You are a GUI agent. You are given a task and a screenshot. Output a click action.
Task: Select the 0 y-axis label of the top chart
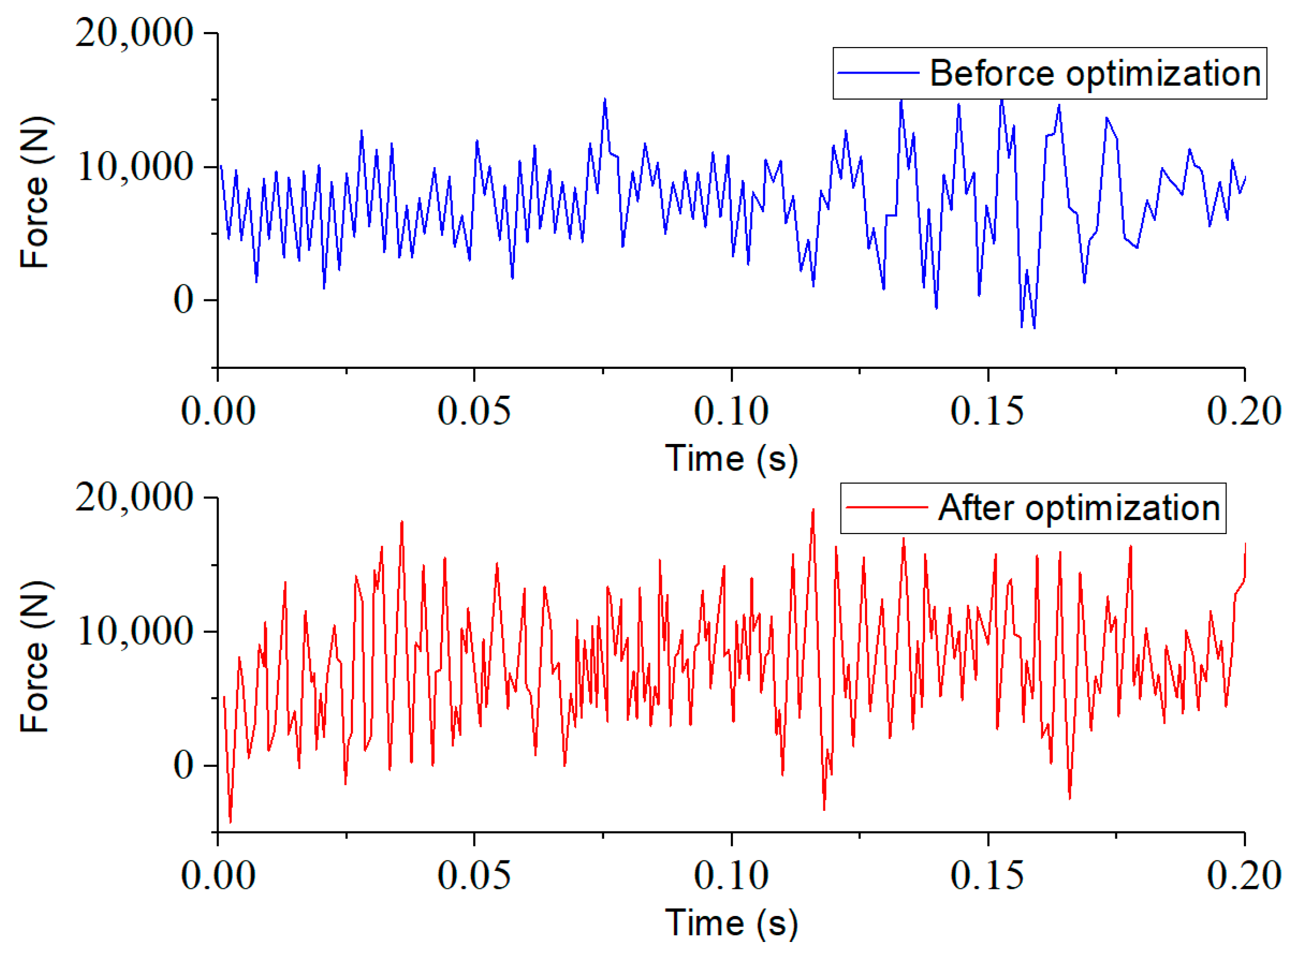pyautogui.click(x=183, y=300)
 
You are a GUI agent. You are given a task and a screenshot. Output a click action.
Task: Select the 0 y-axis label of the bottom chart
pyautogui.click(x=183, y=764)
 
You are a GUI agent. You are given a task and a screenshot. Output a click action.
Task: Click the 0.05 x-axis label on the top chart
pyautogui.click(x=474, y=411)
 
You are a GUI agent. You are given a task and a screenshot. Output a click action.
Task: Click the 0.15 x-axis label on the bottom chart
pyautogui.click(x=987, y=875)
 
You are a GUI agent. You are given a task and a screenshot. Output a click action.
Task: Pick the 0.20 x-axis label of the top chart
pyautogui.click(x=1243, y=411)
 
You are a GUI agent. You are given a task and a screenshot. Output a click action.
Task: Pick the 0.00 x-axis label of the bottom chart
pyautogui.click(x=218, y=875)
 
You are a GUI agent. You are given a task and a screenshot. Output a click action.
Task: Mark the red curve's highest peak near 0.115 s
pyautogui.click(x=812, y=511)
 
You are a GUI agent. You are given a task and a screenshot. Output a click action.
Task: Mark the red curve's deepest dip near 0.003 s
pyautogui.click(x=230, y=821)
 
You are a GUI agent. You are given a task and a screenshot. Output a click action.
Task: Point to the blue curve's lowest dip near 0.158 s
pyautogui.click(x=1034, y=327)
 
